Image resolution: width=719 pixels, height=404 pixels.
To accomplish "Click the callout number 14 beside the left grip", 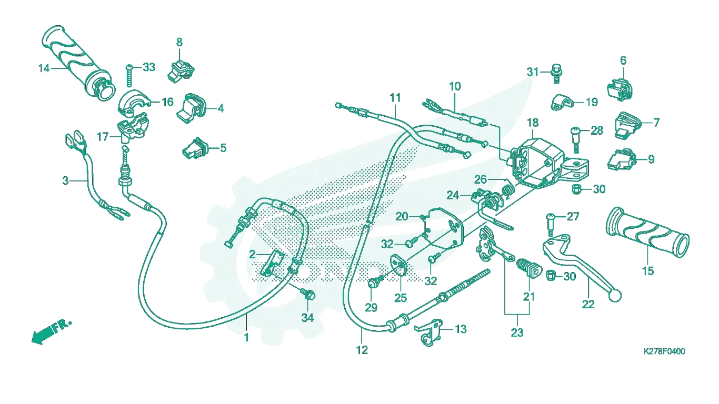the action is (x=44, y=68).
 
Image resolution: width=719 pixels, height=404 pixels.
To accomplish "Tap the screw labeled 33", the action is (x=129, y=75).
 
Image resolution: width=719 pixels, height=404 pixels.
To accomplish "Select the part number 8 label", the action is (x=179, y=42).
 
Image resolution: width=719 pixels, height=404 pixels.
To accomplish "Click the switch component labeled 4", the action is (x=191, y=108).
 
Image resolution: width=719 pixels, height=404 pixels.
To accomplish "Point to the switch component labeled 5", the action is (x=195, y=148).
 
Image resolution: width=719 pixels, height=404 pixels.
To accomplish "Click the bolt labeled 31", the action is (x=557, y=74).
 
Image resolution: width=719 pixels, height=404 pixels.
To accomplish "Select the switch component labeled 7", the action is (x=627, y=125).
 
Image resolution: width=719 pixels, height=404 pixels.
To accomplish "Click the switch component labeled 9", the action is (x=622, y=159).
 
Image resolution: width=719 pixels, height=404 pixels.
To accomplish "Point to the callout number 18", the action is (x=533, y=123).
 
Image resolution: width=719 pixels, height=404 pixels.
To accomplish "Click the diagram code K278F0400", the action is (x=664, y=351).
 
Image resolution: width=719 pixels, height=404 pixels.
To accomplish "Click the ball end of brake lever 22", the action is (x=615, y=296).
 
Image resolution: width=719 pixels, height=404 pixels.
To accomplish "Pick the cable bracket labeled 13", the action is (x=429, y=332).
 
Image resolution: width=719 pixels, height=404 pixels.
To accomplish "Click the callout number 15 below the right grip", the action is (x=648, y=271).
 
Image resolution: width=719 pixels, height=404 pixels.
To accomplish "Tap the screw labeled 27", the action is (x=551, y=225).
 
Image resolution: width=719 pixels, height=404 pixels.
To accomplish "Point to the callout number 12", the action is (x=362, y=350).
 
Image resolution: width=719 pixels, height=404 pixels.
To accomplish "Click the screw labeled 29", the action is (x=375, y=282).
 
